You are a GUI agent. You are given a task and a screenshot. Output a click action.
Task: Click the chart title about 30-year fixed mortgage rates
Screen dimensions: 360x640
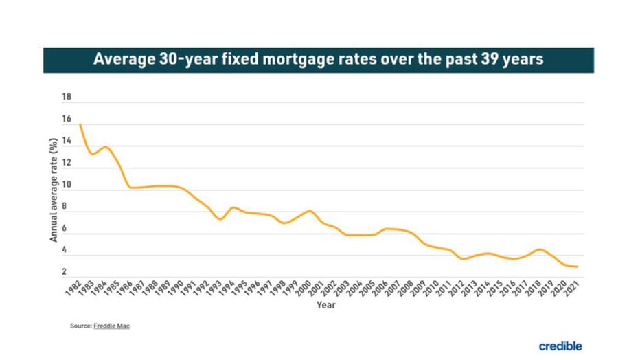(319, 60)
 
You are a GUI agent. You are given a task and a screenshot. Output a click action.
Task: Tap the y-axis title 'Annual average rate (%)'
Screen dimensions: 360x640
(53, 190)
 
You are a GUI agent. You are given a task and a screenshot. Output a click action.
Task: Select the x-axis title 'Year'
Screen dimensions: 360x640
(325, 305)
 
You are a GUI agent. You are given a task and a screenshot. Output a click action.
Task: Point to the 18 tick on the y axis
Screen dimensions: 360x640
(67, 98)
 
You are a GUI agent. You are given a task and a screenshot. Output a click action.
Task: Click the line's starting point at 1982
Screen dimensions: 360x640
(81, 124)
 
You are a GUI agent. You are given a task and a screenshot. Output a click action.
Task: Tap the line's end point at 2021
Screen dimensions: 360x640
(578, 267)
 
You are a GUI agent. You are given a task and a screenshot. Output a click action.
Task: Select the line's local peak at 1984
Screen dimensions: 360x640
(105, 146)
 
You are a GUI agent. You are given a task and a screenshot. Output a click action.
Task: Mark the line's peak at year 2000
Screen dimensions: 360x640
(310, 210)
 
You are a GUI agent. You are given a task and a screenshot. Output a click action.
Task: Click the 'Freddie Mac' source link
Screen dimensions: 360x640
(111, 326)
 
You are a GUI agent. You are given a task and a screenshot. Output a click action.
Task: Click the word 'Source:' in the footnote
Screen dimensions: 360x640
(80, 326)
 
